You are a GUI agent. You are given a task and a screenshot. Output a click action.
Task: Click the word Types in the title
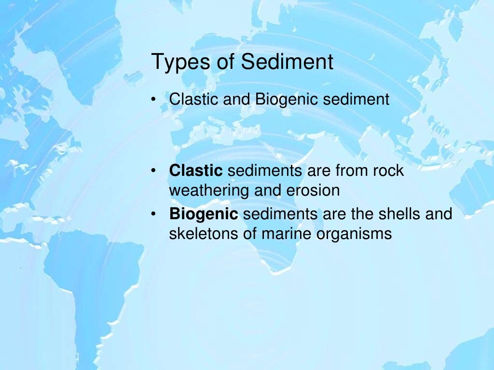pos(178,63)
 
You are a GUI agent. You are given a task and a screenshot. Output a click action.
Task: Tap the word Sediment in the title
pos(288,62)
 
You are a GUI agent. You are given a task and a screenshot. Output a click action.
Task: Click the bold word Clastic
pos(196,171)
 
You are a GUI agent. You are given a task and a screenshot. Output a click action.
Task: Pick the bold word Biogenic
pos(204,214)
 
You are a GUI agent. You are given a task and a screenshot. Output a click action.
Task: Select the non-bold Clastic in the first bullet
pos(192,100)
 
